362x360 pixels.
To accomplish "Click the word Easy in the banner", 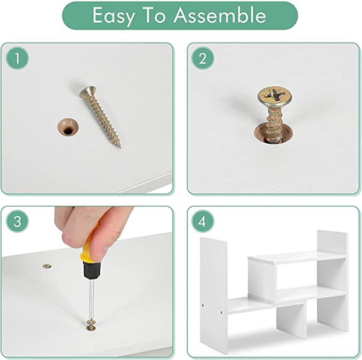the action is [x=114, y=16].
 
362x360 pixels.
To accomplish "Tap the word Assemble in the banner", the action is [x=220, y=15].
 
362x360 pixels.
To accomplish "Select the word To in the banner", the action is [x=154, y=15].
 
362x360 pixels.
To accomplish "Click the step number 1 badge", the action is [x=17, y=58].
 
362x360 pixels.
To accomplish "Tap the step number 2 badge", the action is [x=203, y=58].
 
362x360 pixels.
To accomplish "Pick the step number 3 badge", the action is [x=17, y=221].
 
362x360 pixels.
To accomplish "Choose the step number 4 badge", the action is [x=203, y=221].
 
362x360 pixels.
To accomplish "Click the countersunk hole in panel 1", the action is [x=68, y=127].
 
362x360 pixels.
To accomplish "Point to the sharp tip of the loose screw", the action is [x=120, y=147].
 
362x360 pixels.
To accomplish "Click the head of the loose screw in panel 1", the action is [x=87, y=91].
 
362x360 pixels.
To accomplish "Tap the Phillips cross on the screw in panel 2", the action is [x=274, y=94].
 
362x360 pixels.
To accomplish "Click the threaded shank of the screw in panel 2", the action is [x=274, y=124].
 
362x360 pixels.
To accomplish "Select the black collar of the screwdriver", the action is [x=92, y=271].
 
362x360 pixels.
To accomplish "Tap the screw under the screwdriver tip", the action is [x=91, y=324].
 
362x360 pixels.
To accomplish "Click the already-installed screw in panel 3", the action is [x=47, y=266].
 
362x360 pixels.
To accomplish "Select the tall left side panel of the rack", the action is [x=214, y=295].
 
